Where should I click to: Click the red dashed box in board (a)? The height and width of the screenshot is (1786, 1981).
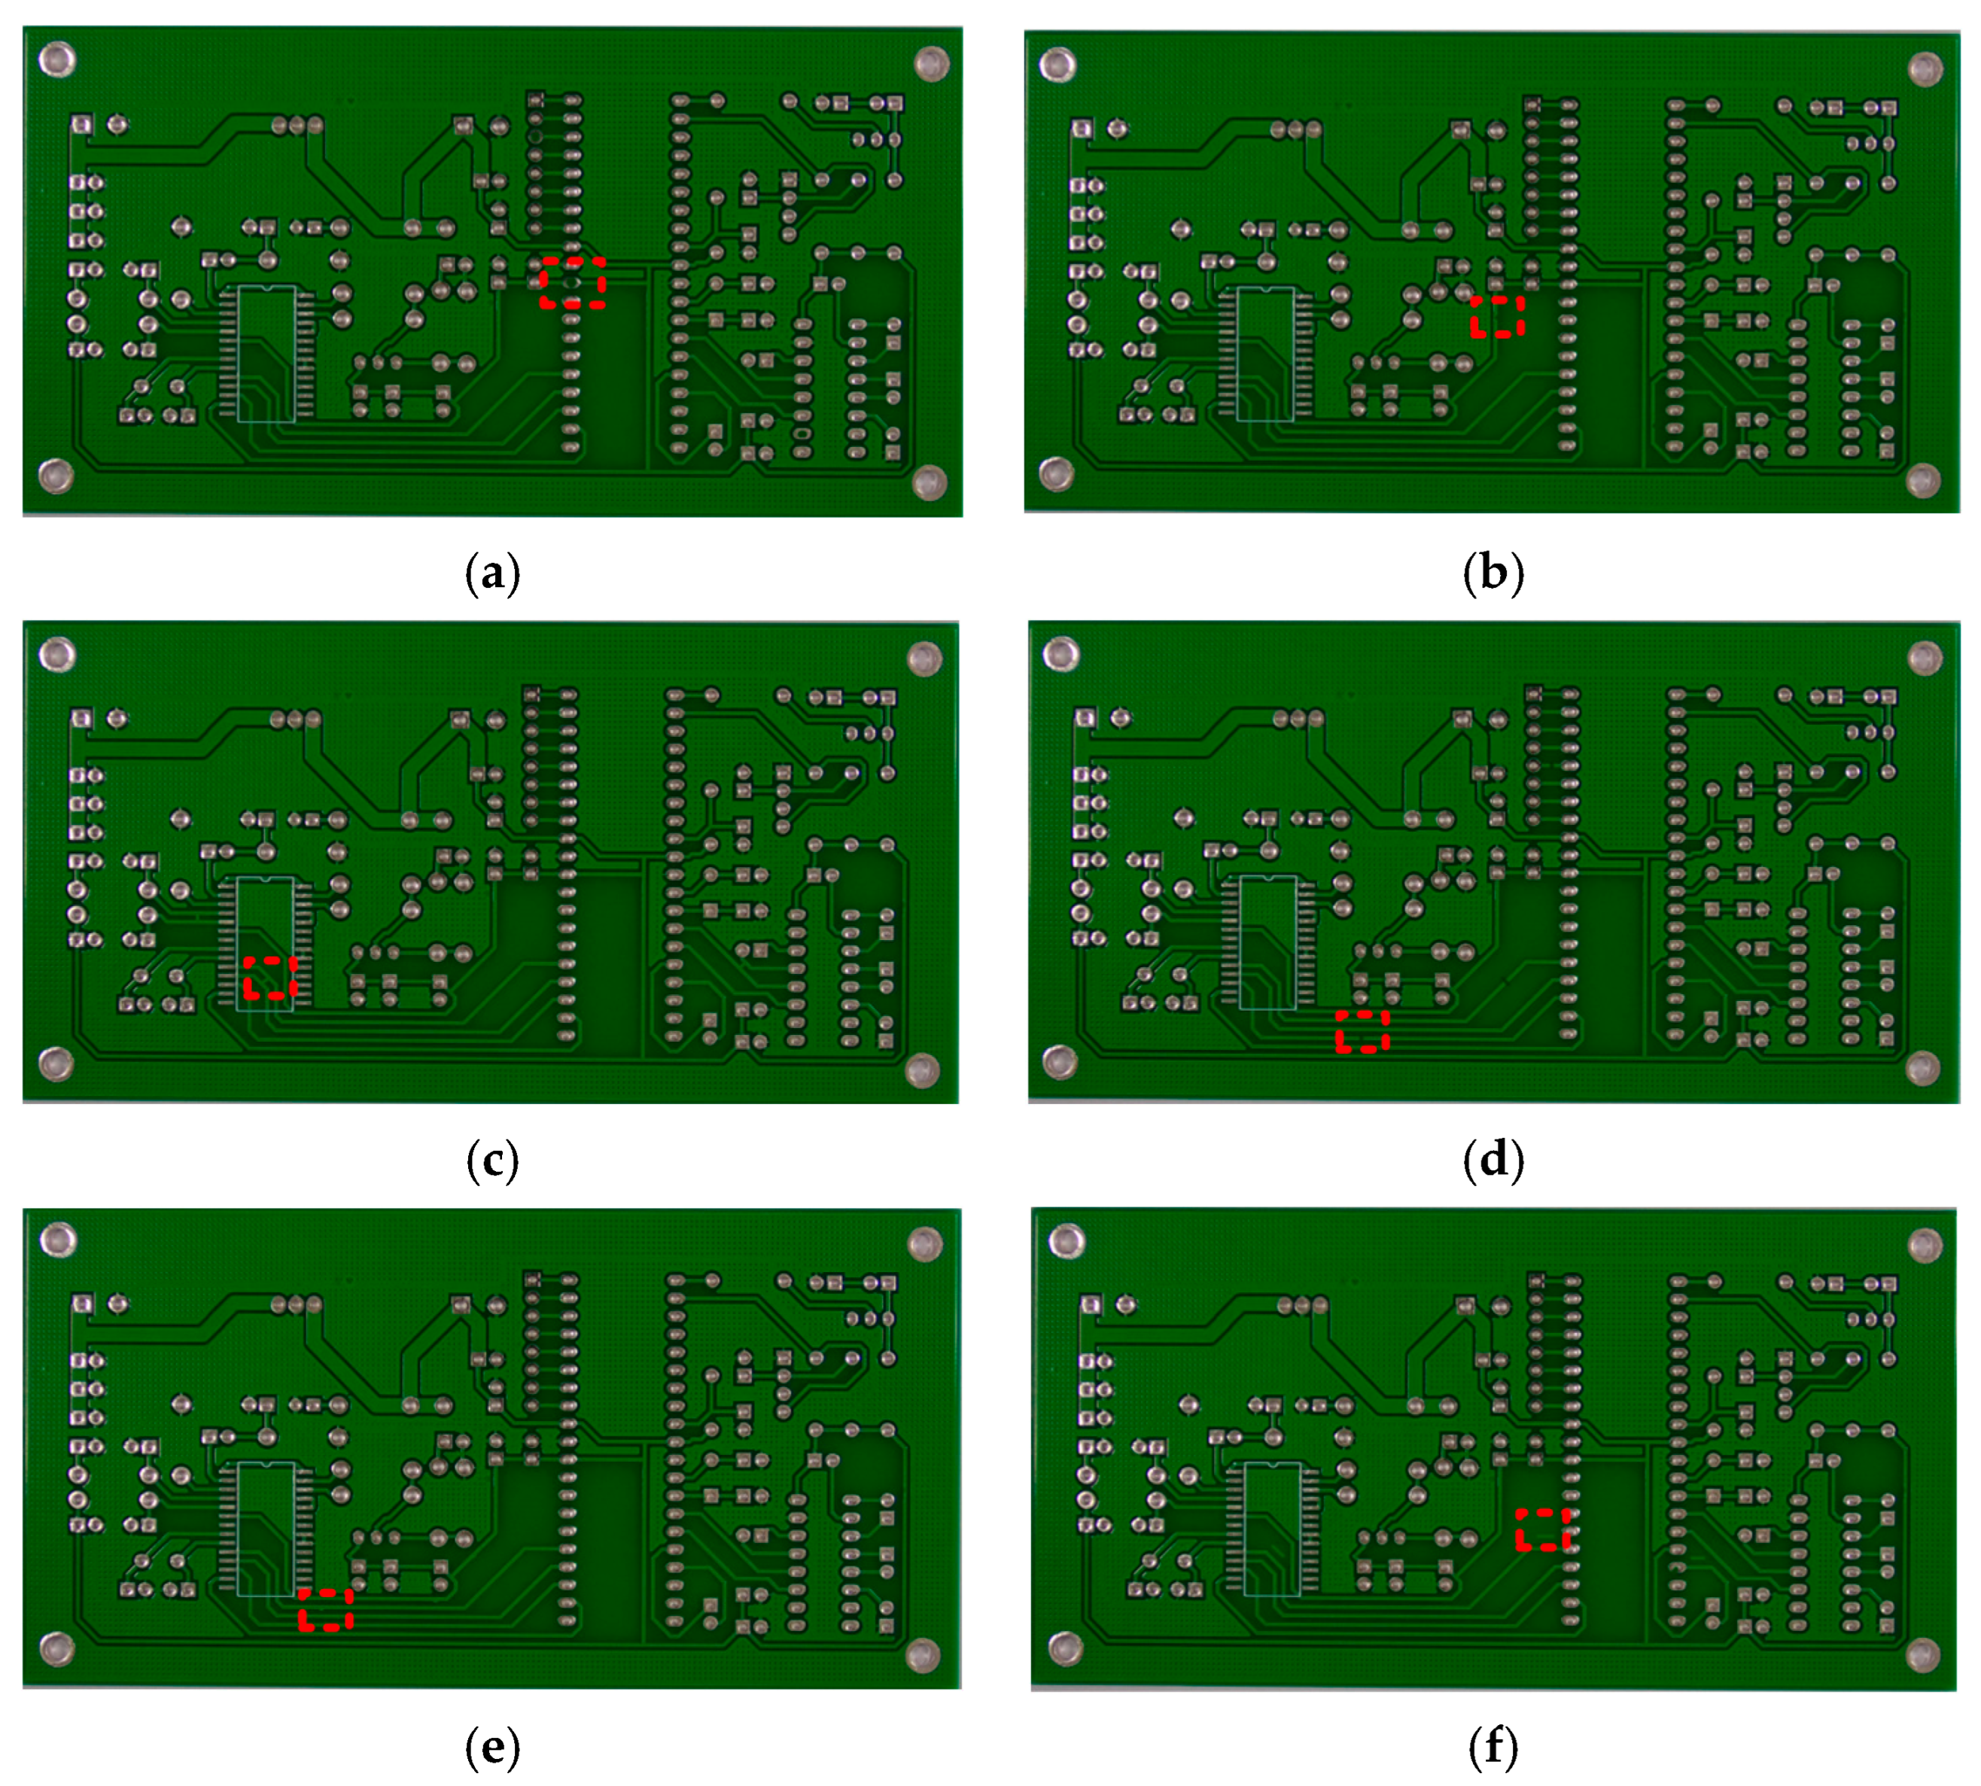(x=572, y=283)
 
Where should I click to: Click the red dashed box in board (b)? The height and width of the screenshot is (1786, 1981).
(x=1496, y=316)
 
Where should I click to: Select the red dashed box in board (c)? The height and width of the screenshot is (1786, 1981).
(x=269, y=978)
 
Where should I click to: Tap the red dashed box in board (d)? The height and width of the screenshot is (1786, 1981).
(x=1362, y=1031)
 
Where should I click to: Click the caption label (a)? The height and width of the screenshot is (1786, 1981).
(x=491, y=573)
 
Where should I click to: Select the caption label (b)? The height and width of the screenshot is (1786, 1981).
(x=1493, y=573)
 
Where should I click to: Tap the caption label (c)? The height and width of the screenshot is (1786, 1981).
(x=491, y=1161)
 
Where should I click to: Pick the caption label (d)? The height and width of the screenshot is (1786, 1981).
(x=1493, y=1161)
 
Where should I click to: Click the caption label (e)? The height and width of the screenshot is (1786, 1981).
(x=491, y=1748)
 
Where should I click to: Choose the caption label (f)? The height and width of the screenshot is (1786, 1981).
(x=1493, y=1748)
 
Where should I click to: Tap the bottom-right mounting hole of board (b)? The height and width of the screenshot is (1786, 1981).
(x=1923, y=480)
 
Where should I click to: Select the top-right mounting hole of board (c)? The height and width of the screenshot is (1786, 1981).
(x=924, y=659)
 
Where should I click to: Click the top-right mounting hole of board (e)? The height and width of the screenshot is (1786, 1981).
(x=924, y=1244)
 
